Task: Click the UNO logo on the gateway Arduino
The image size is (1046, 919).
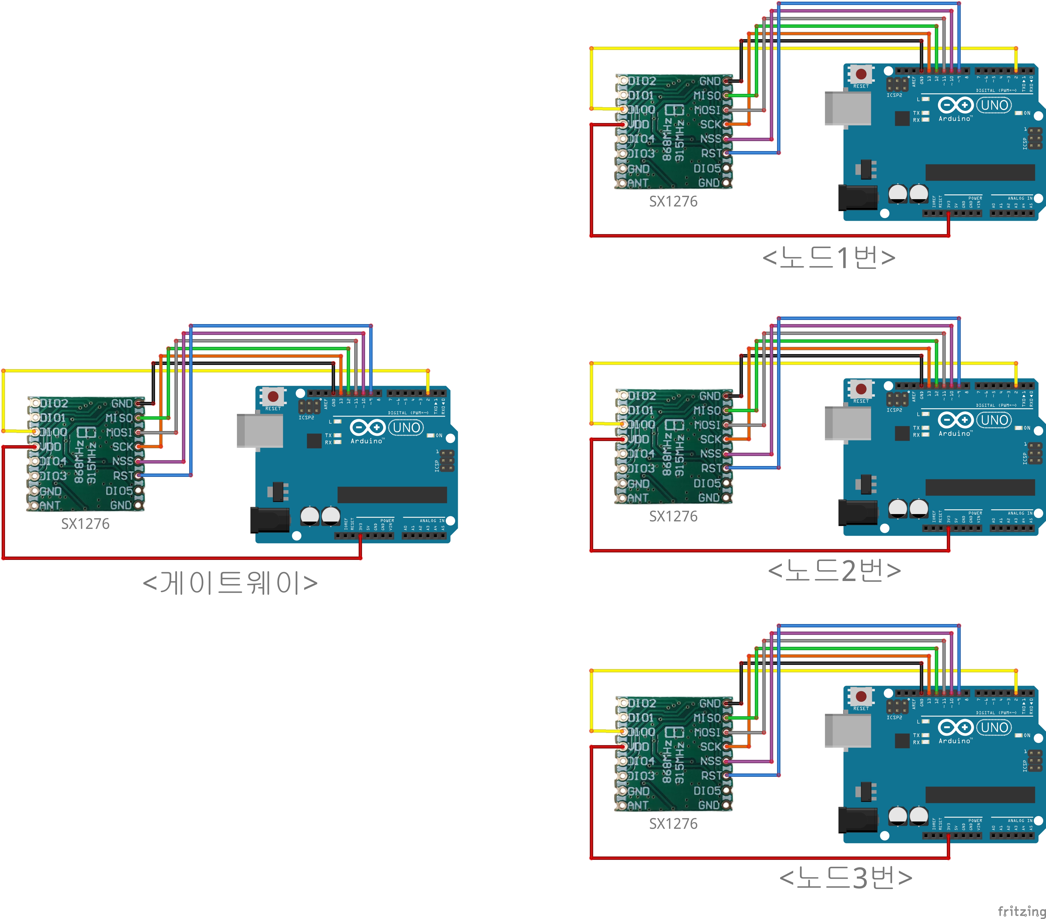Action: tap(406, 427)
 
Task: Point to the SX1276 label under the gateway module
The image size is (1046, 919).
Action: tap(86, 524)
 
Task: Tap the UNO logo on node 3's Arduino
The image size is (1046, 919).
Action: tap(994, 727)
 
